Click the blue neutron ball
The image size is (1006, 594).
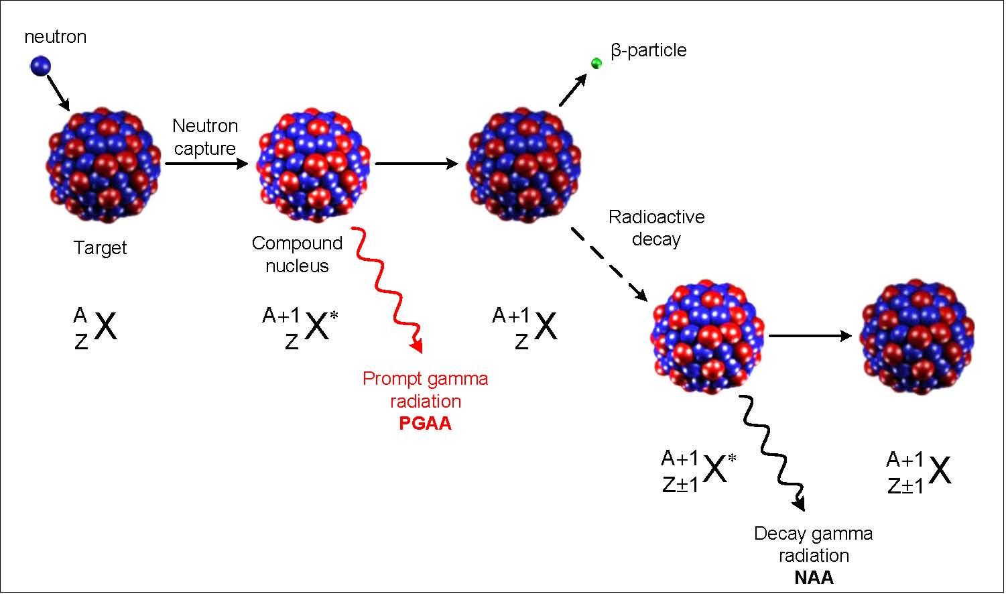[x=40, y=66]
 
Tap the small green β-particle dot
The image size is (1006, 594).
[x=596, y=64]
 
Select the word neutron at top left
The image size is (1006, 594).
[x=56, y=37]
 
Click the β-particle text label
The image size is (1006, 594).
[x=648, y=50]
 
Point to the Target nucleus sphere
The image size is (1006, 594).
[x=104, y=164]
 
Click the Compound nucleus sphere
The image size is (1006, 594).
[x=313, y=164]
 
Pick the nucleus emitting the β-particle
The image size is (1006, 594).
[x=524, y=164]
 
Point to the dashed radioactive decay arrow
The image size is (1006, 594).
[x=608, y=263]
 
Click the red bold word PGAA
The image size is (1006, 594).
[x=425, y=424]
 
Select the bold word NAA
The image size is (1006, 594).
[x=814, y=578]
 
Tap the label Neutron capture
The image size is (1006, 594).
[x=205, y=137]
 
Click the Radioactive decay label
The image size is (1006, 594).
[x=656, y=228]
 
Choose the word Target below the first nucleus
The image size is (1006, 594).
[x=101, y=248]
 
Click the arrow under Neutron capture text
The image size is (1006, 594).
[x=206, y=163]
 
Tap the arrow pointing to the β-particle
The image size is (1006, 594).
[x=572, y=91]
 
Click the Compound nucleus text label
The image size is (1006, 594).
[x=297, y=254]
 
